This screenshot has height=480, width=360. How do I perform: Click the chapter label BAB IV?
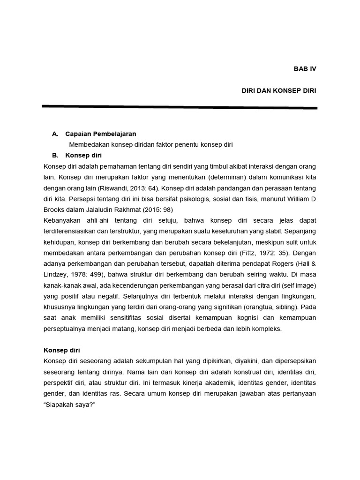pos(305,68)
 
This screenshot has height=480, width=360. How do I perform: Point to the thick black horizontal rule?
pos(180,107)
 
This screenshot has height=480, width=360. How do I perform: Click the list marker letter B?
pos(55,155)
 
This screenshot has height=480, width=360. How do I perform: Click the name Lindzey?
pos(57,275)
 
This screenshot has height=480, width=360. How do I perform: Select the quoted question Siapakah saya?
pos(69,405)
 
